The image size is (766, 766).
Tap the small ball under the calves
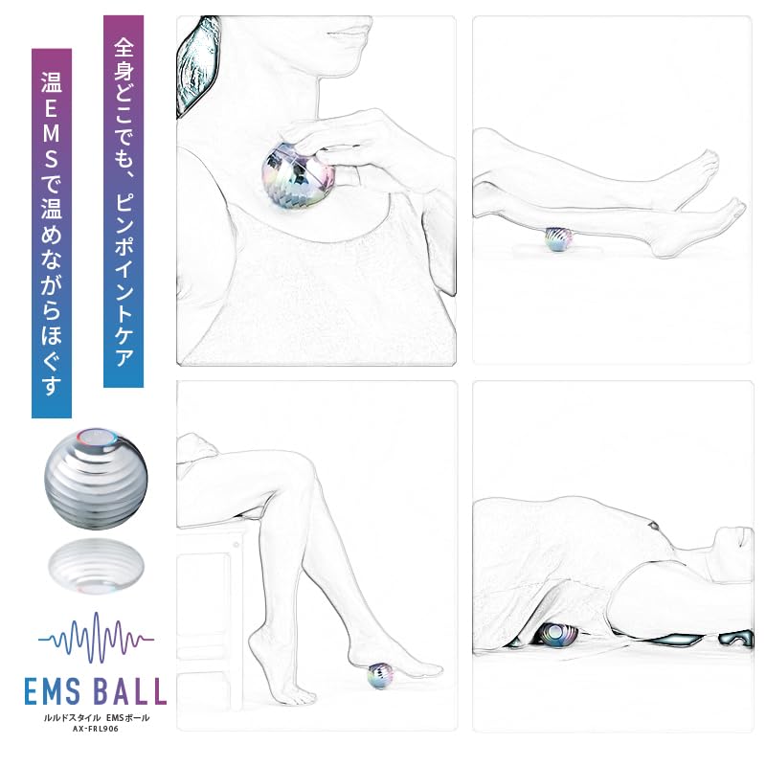coord(556,239)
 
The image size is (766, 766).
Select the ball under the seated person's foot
coord(384,676)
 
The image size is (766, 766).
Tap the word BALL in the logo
coord(128,690)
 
